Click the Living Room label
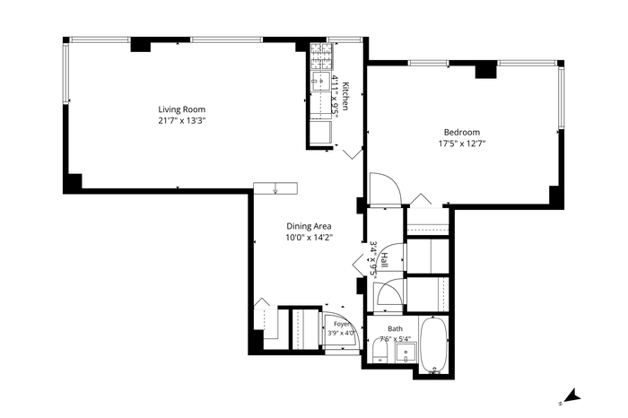(x=181, y=109)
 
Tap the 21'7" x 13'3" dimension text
(x=182, y=120)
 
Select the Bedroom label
(x=462, y=132)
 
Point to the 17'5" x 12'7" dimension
(x=462, y=144)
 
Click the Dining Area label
(x=309, y=226)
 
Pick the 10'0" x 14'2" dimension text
(x=310, y=238)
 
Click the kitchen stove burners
(x=321, y=56)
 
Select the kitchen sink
(x=321, y=82)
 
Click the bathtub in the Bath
(x=433, y=345)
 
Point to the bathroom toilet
(x=379, y=351)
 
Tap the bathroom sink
(x=406, y=353)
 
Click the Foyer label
(x=342, y=324)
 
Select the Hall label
(x=385, y=260)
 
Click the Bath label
(x=395, y=328)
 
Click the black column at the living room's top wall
(x=141, y=44)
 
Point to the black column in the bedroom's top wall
(x=486, y=70)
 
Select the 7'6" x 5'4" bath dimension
(x=395, y=339)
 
